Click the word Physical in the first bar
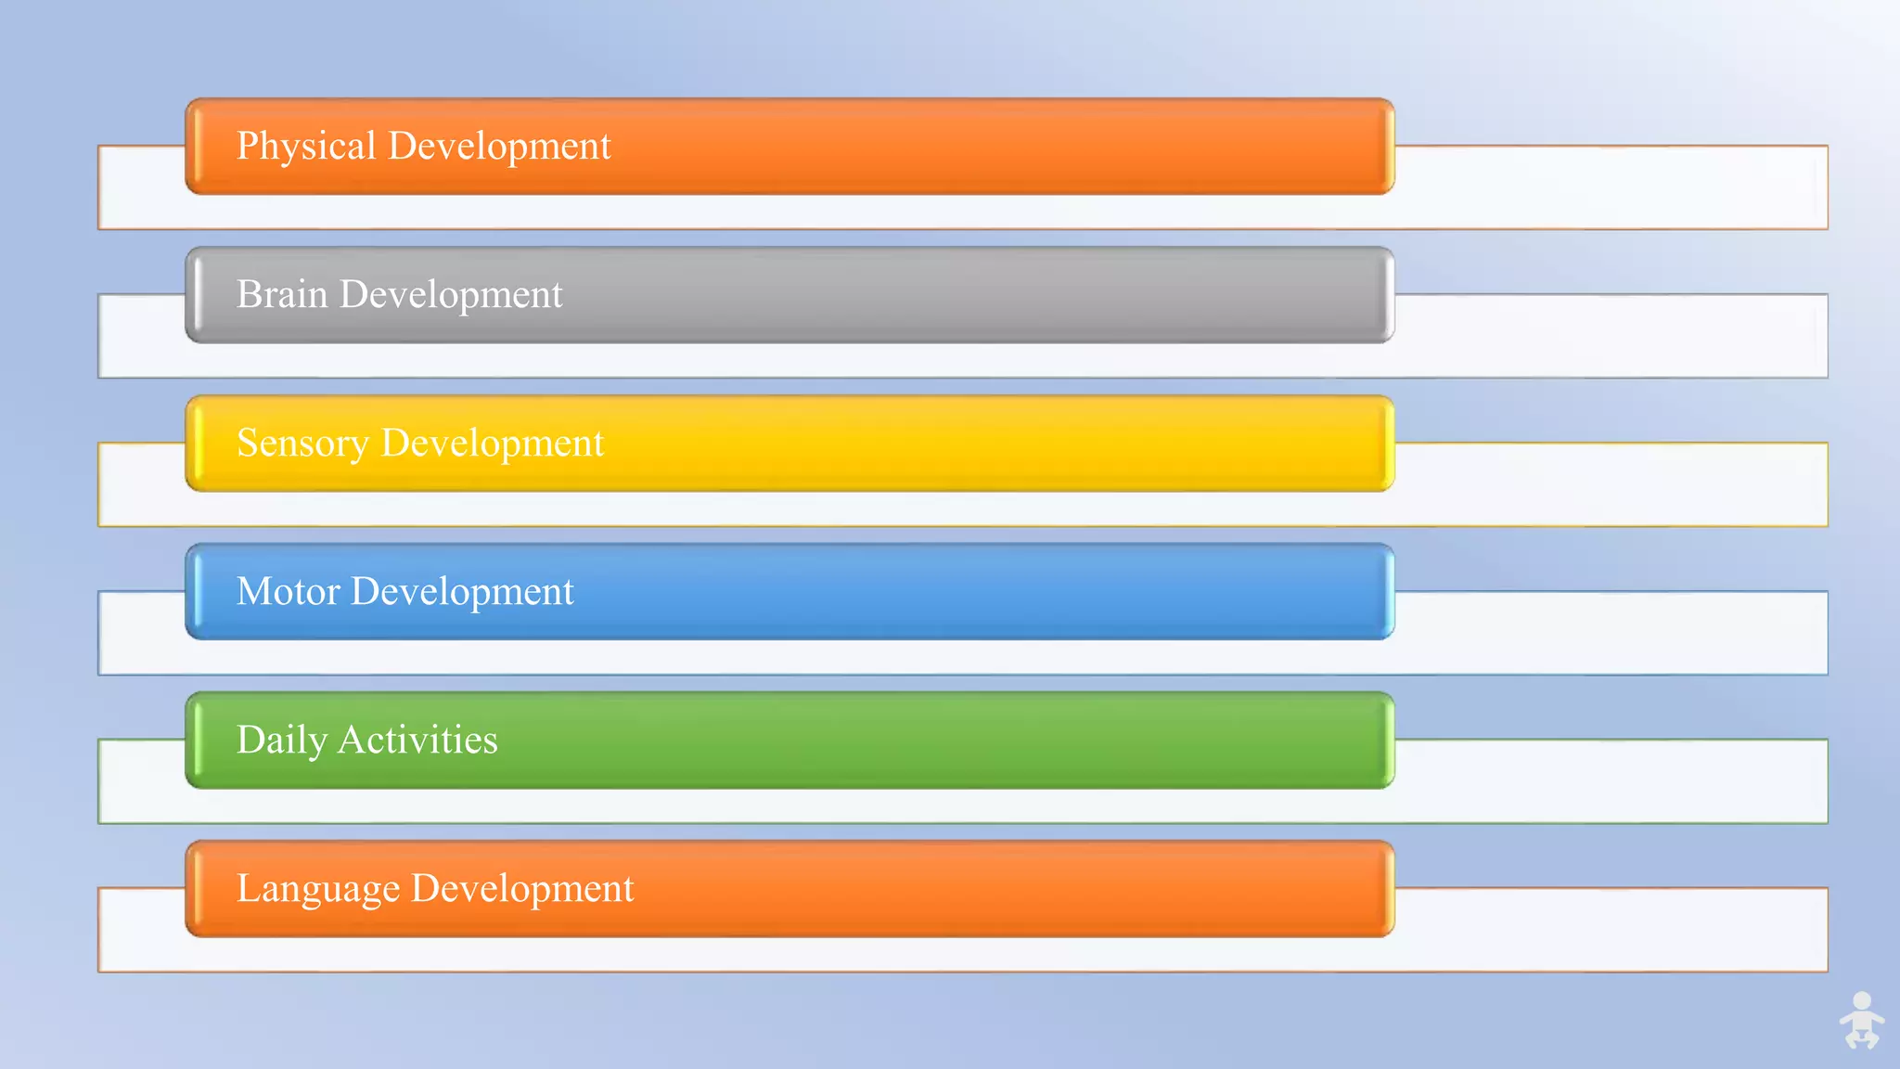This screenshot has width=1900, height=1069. pos(306,147)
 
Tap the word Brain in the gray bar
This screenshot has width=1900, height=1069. pos(282,294)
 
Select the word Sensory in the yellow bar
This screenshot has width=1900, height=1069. pos(302,444)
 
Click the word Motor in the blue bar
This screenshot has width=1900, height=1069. pos(289,591)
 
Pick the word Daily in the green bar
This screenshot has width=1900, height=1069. pos(282,741)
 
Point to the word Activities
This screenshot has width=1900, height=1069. pos(417,740)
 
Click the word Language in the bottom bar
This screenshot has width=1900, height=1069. pos(318,889)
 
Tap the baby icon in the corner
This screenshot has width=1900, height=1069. pos(1861,1022)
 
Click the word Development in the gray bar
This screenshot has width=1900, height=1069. pos(451,295)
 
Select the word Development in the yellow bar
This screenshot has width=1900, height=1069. pos(493,444)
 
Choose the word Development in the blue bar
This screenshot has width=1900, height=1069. pos(462,592)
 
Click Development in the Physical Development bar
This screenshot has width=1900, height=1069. pos(499,147)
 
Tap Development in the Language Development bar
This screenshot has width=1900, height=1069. pos(522,889)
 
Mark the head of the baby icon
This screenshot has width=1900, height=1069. pos(1862,1001)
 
